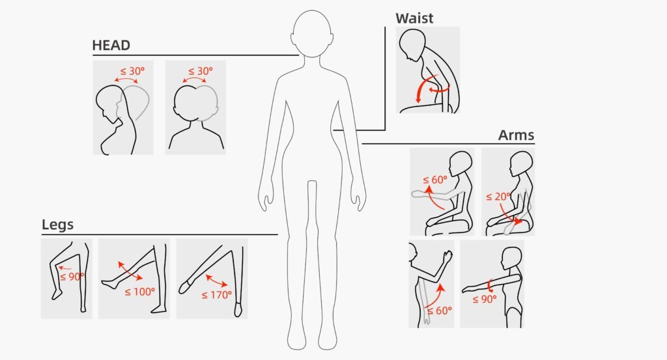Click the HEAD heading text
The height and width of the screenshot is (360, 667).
(111, 46)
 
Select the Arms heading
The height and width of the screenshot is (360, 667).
(516, 135)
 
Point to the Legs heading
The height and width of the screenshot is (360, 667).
(57, 225)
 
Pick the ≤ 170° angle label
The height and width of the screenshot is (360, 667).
(217, 295)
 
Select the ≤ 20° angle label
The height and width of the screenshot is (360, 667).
(498, 197)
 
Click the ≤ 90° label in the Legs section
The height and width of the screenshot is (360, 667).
(72, 277)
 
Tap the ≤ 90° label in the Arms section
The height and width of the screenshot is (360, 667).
(484, 299)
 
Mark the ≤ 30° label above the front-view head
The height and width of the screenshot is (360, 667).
(201, 71)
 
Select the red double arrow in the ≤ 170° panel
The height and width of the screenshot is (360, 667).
(218, 280)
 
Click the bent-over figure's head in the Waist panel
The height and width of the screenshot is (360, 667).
(412, 47)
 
